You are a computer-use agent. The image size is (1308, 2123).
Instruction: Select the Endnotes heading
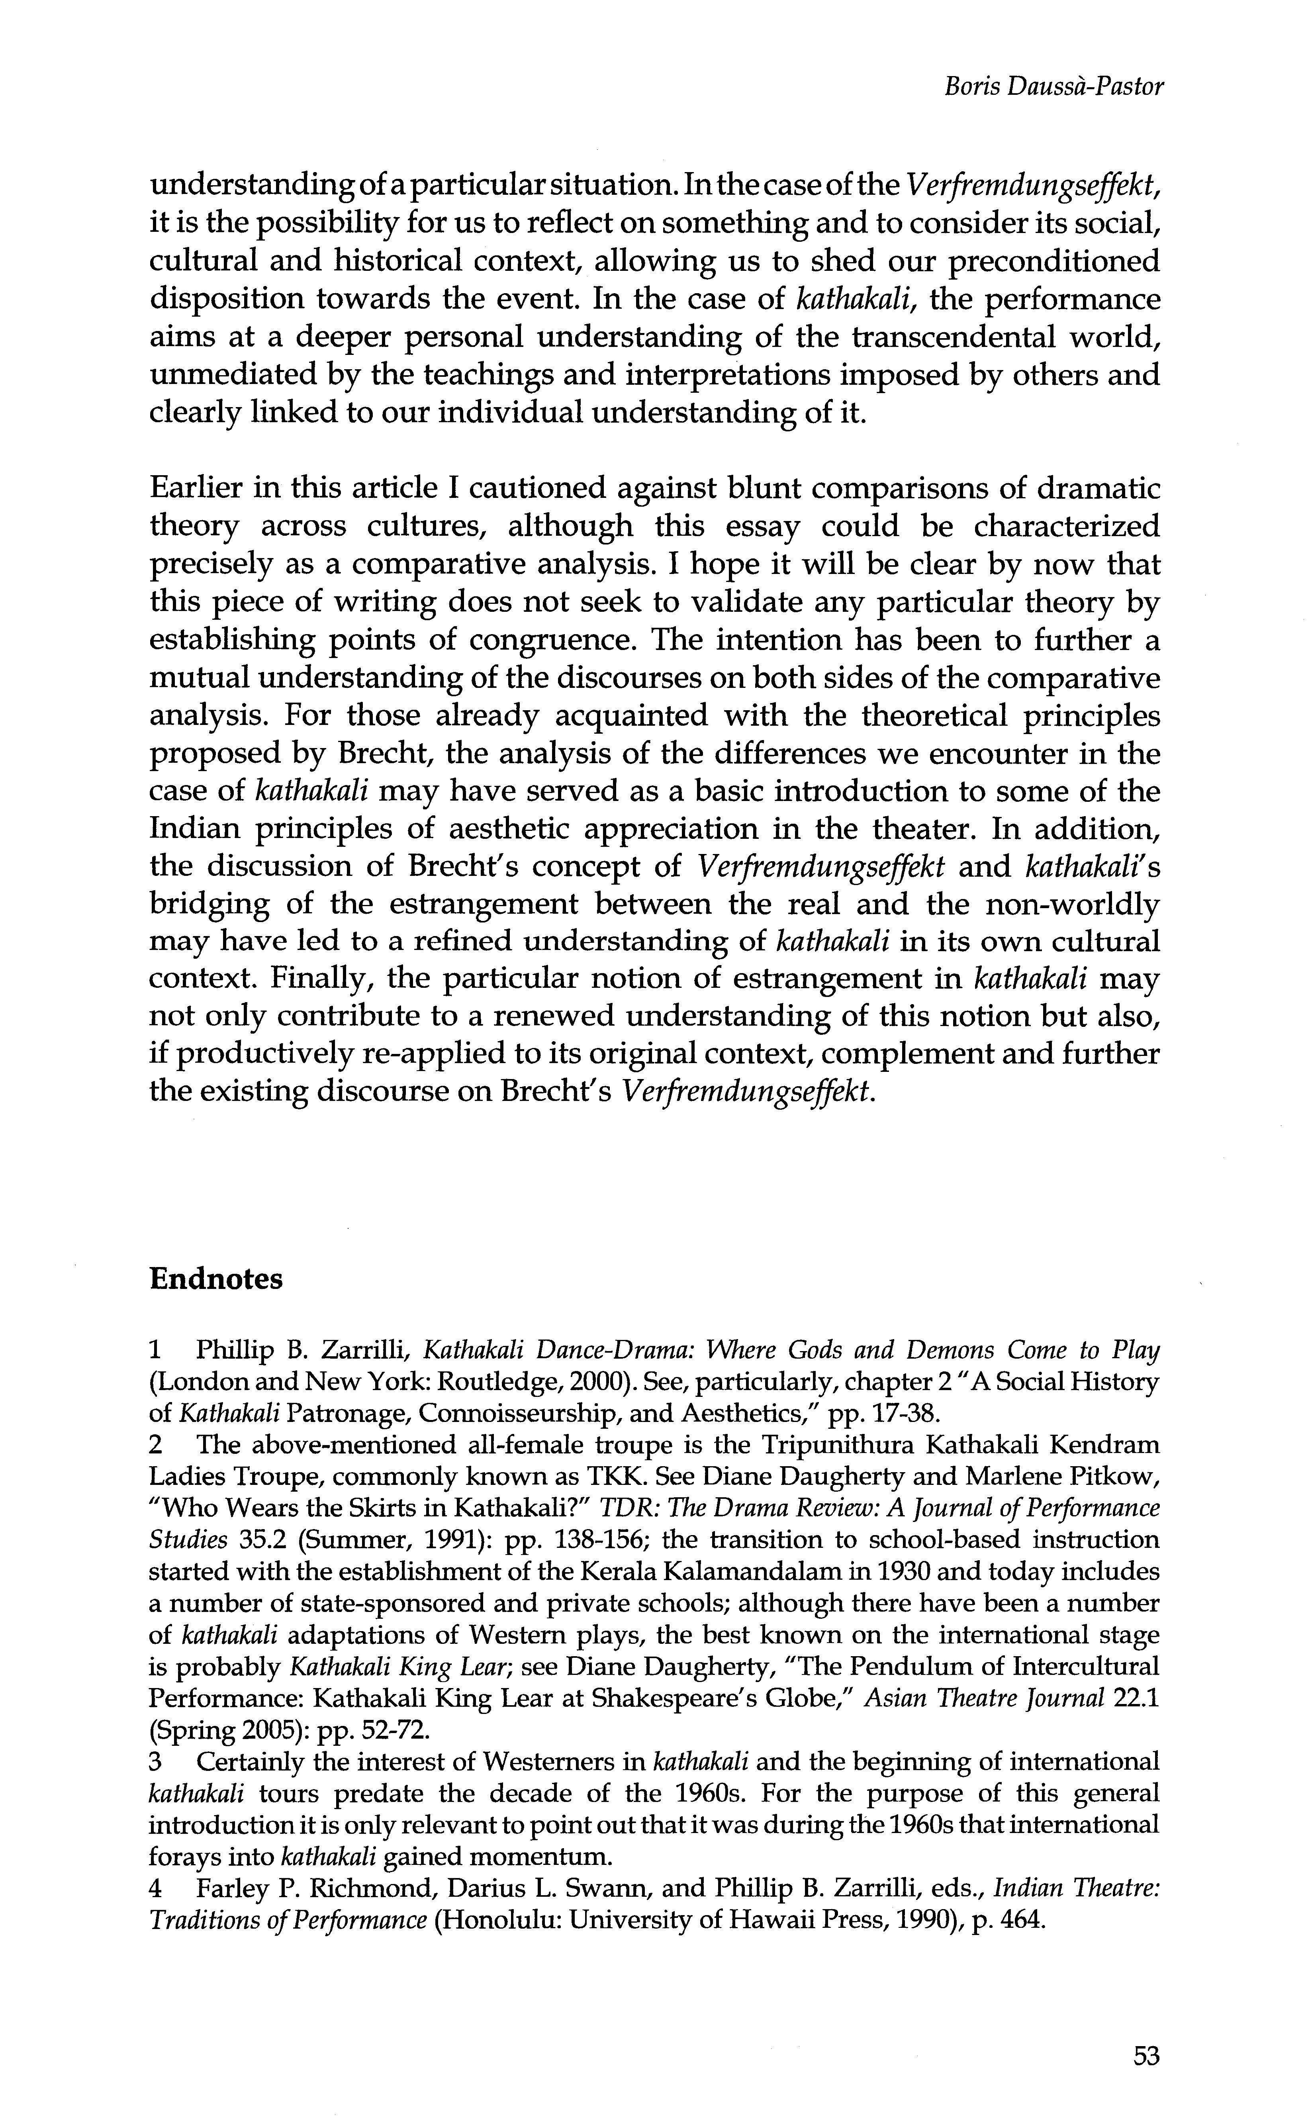point(216,1279)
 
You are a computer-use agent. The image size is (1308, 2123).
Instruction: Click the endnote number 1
point(156,1350)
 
